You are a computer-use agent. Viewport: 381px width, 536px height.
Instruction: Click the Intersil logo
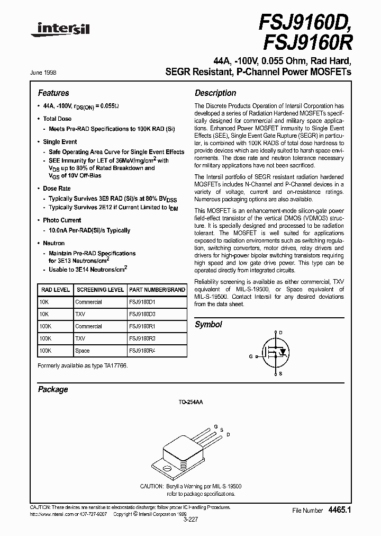(60, 32)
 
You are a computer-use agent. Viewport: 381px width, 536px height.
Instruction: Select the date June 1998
(47, 73)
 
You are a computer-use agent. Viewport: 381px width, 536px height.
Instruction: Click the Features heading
(53, 93)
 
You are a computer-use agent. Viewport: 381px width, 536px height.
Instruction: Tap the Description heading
(215, 93)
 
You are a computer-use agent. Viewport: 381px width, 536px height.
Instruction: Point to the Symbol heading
(208, 324)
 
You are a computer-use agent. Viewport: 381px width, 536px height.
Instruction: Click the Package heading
(53, 389)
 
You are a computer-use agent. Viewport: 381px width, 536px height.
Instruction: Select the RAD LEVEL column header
(55, 290)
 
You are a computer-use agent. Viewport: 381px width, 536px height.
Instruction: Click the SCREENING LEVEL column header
(100, 290)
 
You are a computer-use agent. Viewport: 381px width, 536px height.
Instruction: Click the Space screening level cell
(83, 351)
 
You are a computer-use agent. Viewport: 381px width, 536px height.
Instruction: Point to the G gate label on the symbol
(250, 356)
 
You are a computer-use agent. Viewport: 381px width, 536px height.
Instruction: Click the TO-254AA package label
(192, 403)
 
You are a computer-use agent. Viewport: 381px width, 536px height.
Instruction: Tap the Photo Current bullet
(62, 220)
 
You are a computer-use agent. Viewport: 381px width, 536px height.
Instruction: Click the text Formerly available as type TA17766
(83, 366)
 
